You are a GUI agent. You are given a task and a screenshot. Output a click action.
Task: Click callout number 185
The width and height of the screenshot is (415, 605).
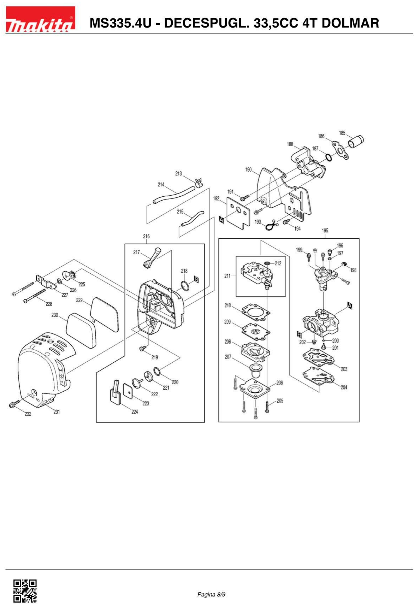point(342,133)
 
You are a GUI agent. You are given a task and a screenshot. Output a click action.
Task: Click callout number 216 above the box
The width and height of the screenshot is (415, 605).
point(146,236)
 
